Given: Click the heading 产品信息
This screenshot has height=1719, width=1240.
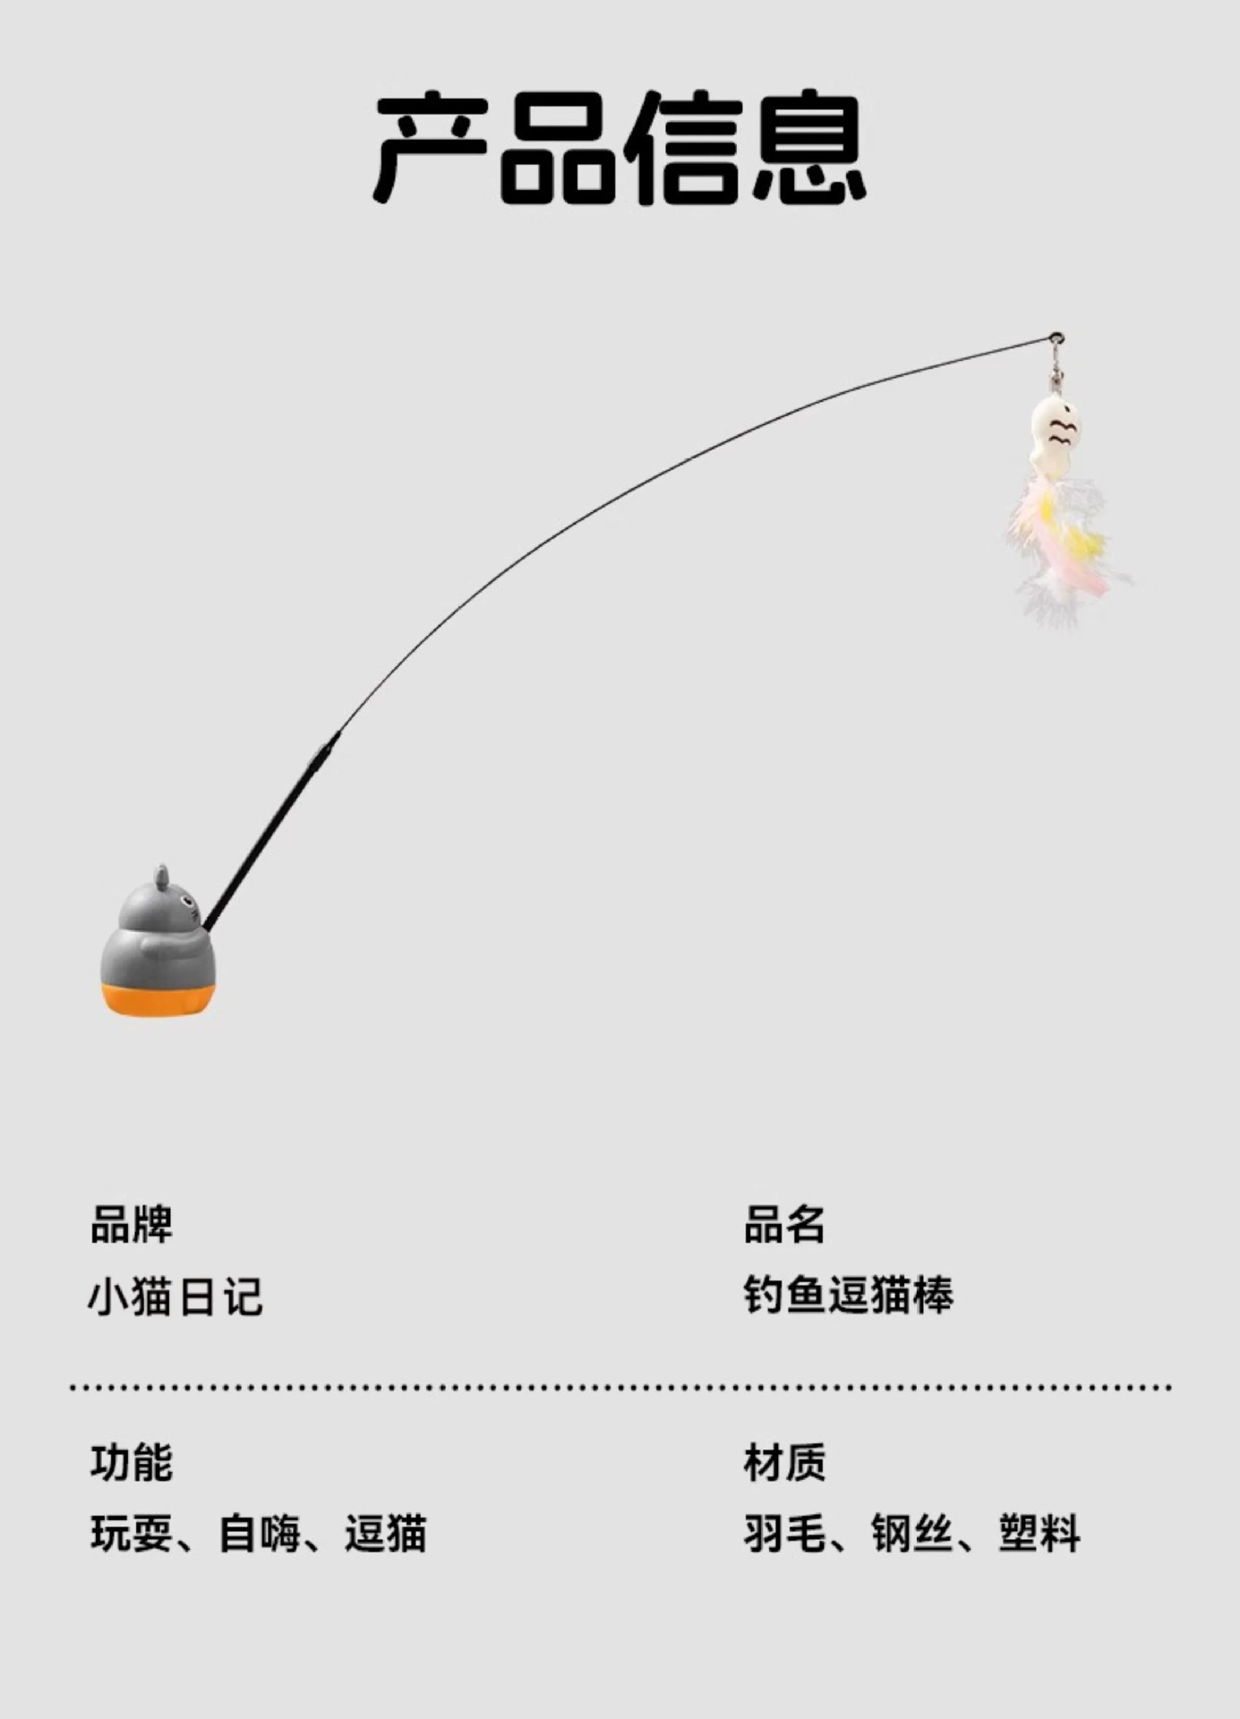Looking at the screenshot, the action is pos(620,148).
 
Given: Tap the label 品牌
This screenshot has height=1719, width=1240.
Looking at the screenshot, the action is pos(132,1225).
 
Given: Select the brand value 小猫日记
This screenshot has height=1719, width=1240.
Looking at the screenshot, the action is pos(175,1296).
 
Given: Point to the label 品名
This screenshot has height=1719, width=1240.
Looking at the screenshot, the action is pos(784,1225).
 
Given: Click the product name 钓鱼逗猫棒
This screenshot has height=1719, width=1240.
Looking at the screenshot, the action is pos(849,1296).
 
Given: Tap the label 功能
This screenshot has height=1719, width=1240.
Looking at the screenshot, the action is pos(132,1463).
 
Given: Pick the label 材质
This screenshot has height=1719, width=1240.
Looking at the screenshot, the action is pos(784,1463).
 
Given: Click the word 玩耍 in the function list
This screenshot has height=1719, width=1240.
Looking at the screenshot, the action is pos(132,1534).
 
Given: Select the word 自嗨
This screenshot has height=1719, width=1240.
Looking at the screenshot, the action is pos(260,1534).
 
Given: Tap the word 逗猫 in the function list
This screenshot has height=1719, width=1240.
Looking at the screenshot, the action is pos(387,1534).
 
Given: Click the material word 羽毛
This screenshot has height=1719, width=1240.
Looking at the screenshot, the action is pos(784,1534).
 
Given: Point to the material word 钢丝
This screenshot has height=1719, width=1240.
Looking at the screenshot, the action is pos(912,1534).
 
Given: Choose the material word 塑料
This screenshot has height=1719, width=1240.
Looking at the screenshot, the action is pos(1040,1534).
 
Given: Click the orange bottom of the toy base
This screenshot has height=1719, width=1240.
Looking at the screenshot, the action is pos(158,999).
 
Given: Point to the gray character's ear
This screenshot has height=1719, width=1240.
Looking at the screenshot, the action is pos(161,877).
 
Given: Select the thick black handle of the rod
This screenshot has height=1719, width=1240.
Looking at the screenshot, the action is pos(269,833).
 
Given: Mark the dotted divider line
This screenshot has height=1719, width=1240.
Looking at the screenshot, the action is pos(620,1388).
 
